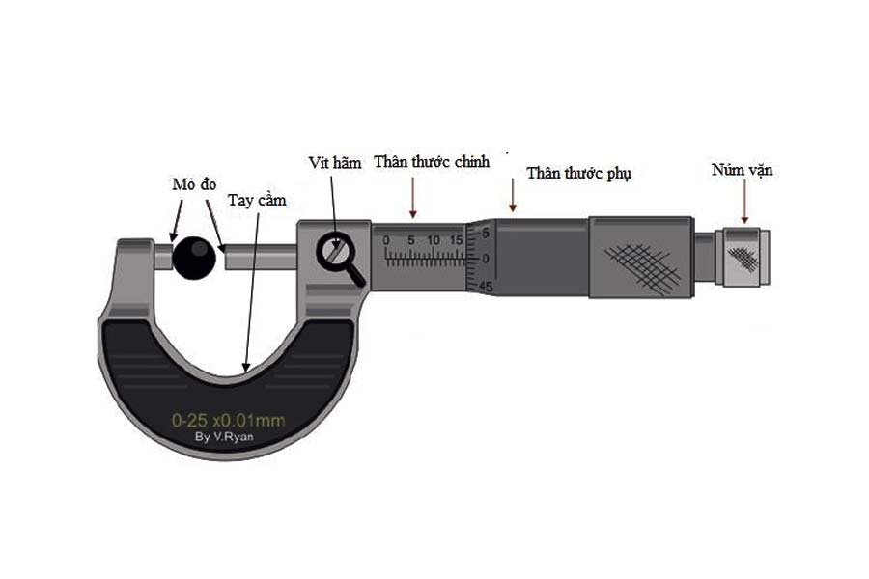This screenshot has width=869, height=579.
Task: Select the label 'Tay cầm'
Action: [x=258, y=200]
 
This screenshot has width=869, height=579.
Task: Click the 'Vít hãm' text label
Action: [x=335, y=163]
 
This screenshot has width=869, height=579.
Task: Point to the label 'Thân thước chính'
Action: [x=432, y=161]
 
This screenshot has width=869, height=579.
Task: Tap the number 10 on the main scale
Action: [x=434, y=239]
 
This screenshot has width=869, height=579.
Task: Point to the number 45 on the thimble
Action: [x=486, y=287]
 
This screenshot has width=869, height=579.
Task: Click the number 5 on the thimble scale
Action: [x=487, y=233]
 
